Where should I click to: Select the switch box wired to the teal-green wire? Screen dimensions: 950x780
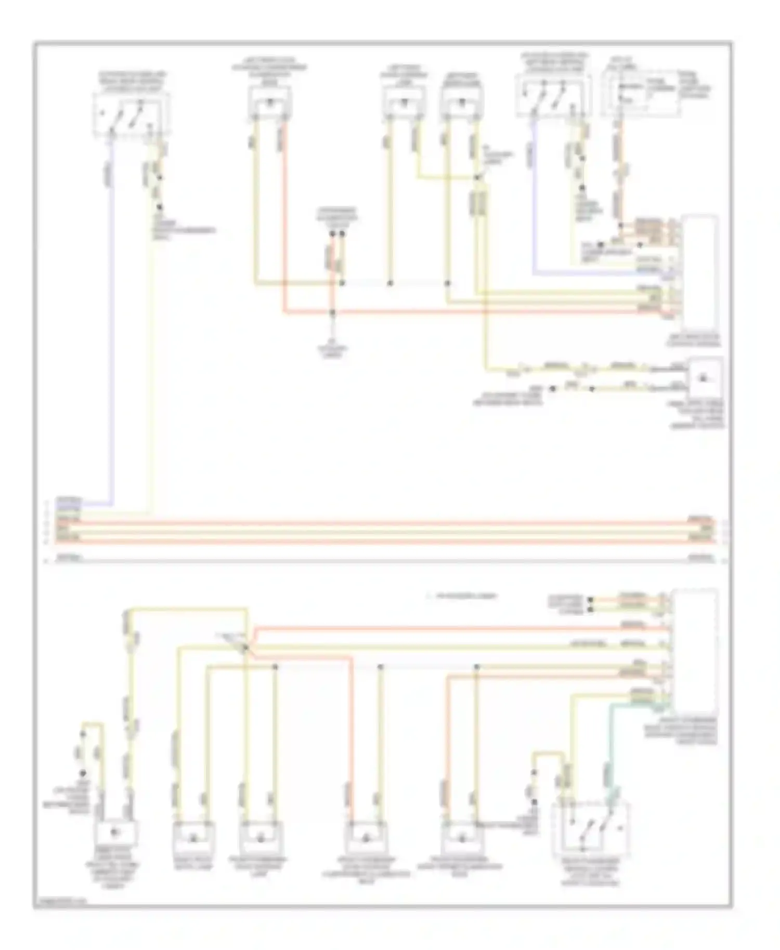592,828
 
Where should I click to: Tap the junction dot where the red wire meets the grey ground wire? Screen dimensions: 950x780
333,313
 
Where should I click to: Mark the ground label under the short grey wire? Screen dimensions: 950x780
333,352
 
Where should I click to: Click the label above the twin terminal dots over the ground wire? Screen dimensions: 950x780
337,215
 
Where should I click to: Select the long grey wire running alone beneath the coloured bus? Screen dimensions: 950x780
385,560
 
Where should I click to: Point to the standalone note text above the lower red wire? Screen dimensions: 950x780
462,596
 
